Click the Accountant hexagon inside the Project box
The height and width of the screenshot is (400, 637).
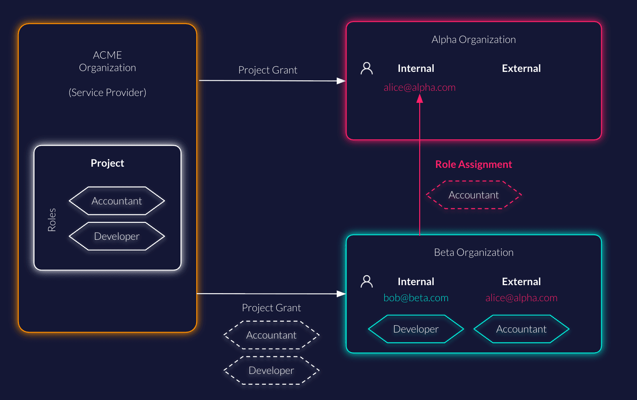click(x=117, y=201)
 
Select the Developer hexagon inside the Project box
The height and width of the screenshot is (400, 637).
click(x=117, y=236)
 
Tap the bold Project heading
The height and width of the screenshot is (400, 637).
click(x=108, y=163)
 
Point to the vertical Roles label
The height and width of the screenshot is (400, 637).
click(x=52, y=220)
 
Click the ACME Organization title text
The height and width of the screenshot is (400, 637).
click(x=108, y=61)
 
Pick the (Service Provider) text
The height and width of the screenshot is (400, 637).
click(x=108, y=92)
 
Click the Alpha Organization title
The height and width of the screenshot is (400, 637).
click(x=474, y=39)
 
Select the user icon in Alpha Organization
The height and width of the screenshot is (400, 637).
click(x=367, y=68)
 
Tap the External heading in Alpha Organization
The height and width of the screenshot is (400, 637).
click(x=521, y=68)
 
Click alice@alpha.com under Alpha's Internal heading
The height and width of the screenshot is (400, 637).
click(x=420, y=87)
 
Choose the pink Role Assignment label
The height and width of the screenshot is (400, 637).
click(x=474, y=164)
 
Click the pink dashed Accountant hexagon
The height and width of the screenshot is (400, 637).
click(x=474, y=195)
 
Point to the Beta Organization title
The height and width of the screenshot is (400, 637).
click(x=474, y=252)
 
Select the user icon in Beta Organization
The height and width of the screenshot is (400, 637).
click(x=367, y=281)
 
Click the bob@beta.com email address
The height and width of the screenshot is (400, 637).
click(x=416, y=298)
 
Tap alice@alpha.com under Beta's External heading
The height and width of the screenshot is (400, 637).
click(x=521, y=298)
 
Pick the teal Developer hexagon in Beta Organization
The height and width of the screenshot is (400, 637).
click(x=416, y=329)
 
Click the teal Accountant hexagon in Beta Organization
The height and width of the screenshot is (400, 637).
click(x=521, y=329)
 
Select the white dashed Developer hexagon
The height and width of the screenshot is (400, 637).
click(x=272, y=370)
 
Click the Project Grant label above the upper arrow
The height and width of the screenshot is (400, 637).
click(x=268, y=70)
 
